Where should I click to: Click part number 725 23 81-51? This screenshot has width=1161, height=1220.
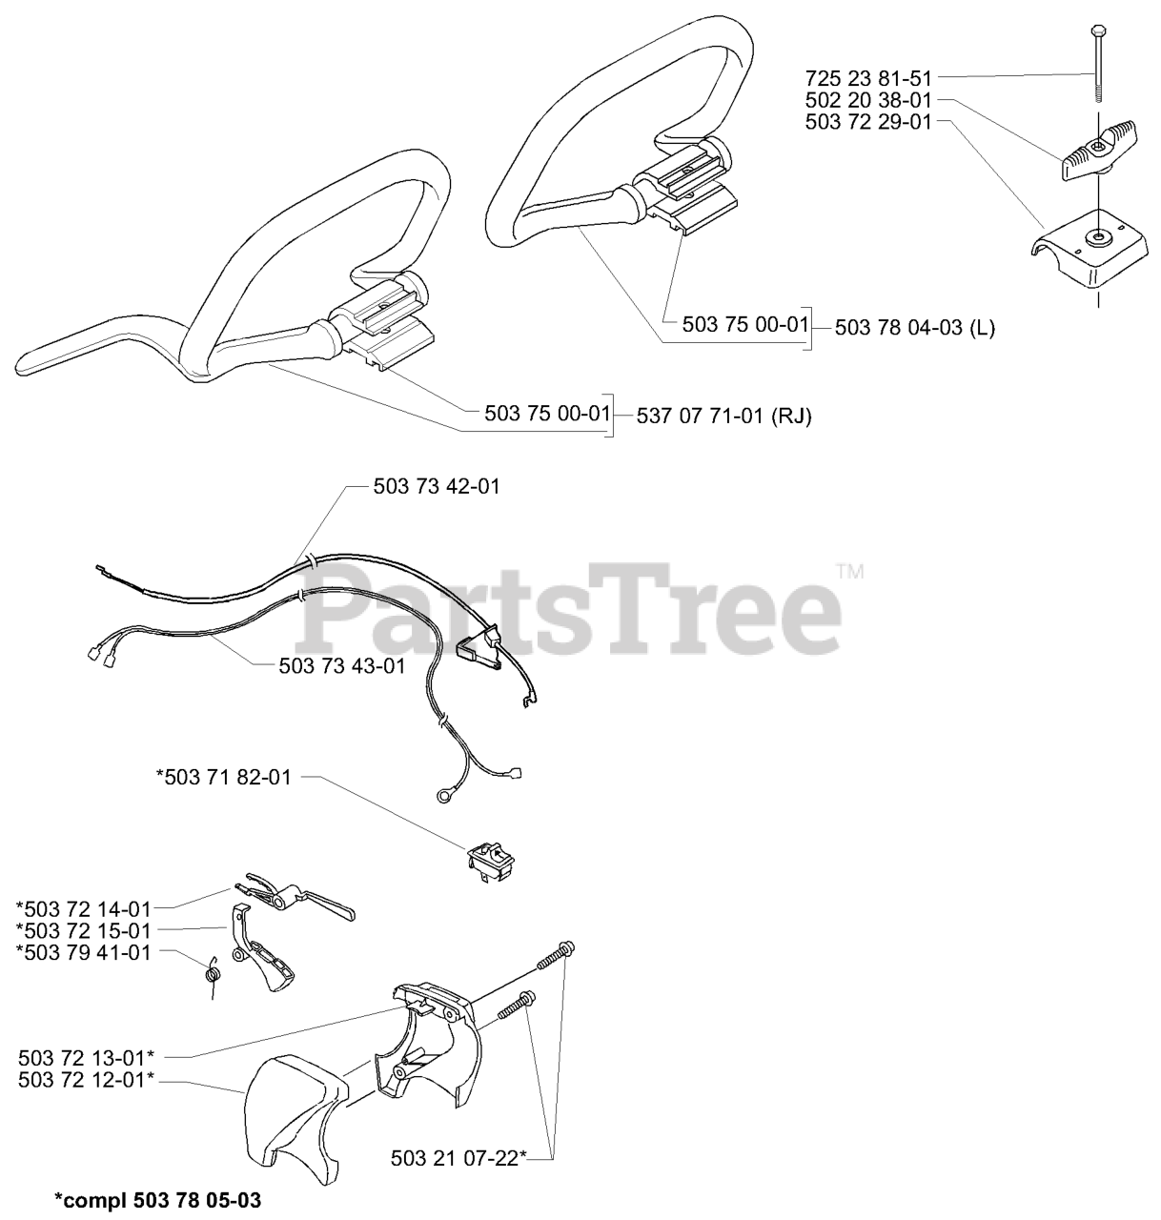tap(868, 79)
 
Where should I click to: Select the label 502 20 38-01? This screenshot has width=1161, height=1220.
tap(868, 100)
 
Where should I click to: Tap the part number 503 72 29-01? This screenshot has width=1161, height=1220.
tap(868, 122)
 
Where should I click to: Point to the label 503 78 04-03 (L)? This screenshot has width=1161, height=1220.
tap(914, 328)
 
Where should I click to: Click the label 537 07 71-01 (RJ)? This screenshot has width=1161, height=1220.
tap(723, 416)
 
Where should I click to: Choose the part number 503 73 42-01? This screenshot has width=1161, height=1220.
tap(437, 486)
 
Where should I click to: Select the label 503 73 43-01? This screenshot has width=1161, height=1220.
tap(342, 666)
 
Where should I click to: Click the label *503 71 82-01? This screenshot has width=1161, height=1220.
tap(223, 777)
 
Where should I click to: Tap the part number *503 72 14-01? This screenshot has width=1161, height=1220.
tap(84, 909)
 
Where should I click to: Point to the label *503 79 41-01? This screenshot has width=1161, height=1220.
tap(84, 952)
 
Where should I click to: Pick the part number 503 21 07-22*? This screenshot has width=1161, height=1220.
tap(458, 1159)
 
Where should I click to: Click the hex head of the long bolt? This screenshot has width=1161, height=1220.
tap(1098, 30)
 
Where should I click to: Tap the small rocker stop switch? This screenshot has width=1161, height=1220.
tap(490, 862)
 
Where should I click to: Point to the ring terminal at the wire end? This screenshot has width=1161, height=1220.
tap(443, 796)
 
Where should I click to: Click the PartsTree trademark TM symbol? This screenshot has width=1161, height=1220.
tap(850, 571)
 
